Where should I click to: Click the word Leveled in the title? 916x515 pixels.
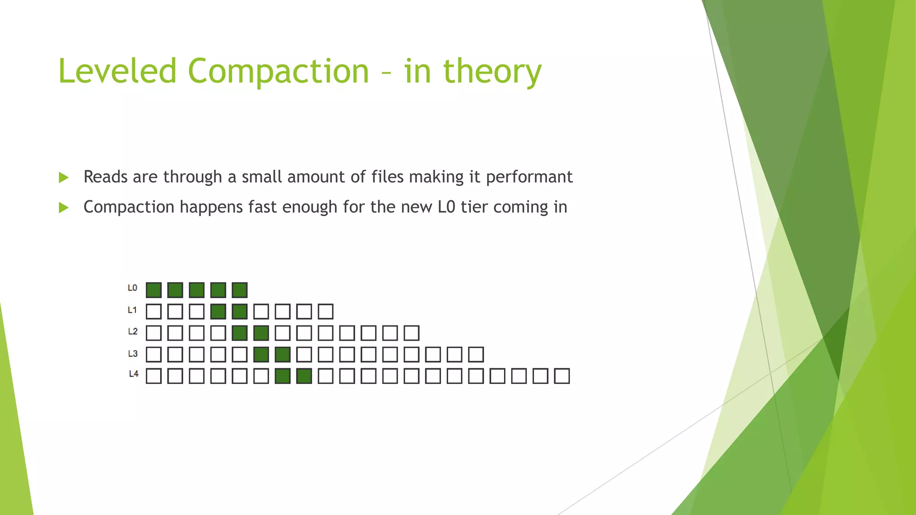tap(118, 71)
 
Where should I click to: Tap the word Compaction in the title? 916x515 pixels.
tap(278, 71)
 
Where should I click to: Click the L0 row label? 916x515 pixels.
tap(132, 288)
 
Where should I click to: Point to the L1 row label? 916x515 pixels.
tap(132, 310)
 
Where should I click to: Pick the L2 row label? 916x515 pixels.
tap(132, 331)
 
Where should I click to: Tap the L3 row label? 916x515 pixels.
tap(132, 354)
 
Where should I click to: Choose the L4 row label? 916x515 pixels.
tap(133, 374)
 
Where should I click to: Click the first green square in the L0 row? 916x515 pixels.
tap(153, 290)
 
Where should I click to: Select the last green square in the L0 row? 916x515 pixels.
tap(240, 290)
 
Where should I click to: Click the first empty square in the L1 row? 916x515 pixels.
tap(153, 312)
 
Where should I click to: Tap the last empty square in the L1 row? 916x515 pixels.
tap(326, 312)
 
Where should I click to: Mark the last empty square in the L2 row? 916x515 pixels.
tap(411, 333)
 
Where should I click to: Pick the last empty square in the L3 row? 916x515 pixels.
tap(476, 355)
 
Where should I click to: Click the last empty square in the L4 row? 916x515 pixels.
tap(562, 376)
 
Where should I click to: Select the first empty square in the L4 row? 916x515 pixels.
tap(153, 376)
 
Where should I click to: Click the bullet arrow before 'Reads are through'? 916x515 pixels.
tap(64, 177)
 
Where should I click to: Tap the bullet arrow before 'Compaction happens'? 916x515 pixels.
tap(64, 207)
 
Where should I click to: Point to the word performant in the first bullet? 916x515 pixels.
tap(529, 177)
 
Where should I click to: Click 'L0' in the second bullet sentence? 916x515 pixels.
tap(446, 207)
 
